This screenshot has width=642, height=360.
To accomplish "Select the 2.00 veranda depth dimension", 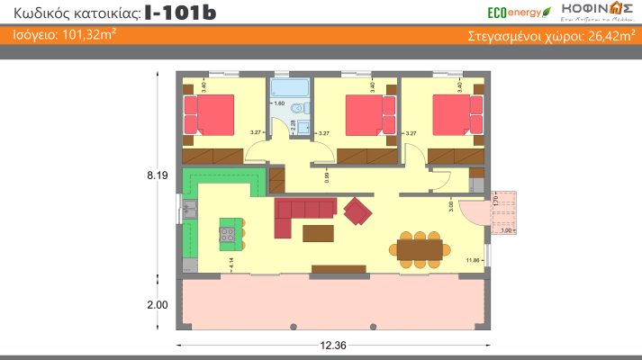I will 158,305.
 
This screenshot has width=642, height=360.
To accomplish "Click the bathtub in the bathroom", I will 290,89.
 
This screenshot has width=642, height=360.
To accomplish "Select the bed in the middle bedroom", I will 367,114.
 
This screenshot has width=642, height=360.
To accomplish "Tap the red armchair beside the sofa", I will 358,211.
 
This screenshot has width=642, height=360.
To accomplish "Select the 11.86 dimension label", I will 473,260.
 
